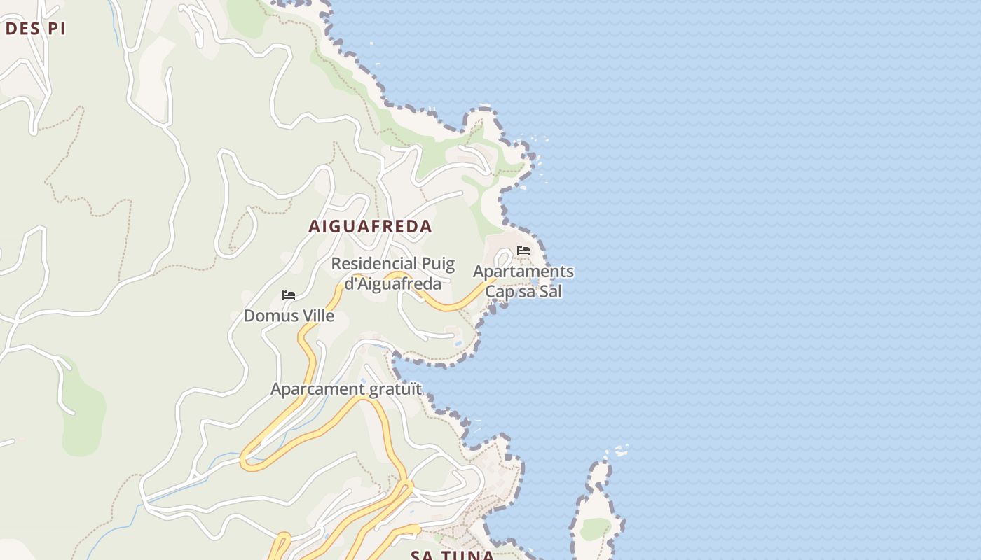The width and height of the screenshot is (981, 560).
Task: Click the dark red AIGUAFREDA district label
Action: coord(371,227)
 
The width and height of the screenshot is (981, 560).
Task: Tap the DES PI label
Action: coord(35,29)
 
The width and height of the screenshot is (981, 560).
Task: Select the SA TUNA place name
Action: coord(453,555)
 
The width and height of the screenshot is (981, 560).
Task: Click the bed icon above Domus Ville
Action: coord(289,295)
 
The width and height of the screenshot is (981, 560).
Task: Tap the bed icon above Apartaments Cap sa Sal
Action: coord(523,251)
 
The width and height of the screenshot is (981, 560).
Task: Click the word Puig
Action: coord(437,265)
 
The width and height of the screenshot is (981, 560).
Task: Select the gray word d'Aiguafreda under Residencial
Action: coord(392,283)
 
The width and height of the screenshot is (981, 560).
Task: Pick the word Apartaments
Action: coord(523,272)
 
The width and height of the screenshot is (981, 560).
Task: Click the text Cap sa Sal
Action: coord(524,292)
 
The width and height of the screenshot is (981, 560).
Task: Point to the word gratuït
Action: coord(398,388)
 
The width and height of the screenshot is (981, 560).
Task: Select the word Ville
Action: coord(313,316)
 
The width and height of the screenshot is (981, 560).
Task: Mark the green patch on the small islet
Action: coord(595,528)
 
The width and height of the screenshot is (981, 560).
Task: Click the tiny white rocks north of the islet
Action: coord(619,450)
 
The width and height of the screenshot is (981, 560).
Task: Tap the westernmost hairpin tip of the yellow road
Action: coord(245,461)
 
